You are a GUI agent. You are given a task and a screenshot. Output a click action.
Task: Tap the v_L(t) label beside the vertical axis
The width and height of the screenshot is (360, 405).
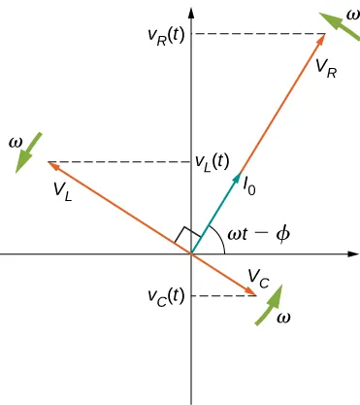pyautogui.click(x=212, y=161)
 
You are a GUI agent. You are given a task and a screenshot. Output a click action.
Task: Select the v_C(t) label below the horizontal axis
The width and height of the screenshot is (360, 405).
pyautogui.click(x=165, y=295)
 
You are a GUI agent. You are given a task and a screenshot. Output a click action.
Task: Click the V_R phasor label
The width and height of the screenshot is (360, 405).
pyautogui.click(x=327, y=69)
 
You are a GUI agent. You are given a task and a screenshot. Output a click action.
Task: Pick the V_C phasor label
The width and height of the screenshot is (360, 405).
pyautogui.click(x=258, y=277)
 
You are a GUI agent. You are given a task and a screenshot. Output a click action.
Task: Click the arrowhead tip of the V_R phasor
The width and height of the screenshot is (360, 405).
pyautogui.click(x=323, y=35)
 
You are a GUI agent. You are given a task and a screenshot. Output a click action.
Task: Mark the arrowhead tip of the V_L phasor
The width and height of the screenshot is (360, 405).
pyautogui.click(x=48, y=161)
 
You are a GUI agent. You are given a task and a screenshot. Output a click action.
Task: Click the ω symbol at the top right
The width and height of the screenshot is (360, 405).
pyautogui.click(x=350, y=15)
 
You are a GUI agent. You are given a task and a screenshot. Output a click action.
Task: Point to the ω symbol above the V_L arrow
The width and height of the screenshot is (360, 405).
pyautogui.click(x=15, y=142)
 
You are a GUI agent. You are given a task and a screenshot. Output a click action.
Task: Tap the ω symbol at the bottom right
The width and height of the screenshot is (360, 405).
pyautogui.click(x=282, y=318)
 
